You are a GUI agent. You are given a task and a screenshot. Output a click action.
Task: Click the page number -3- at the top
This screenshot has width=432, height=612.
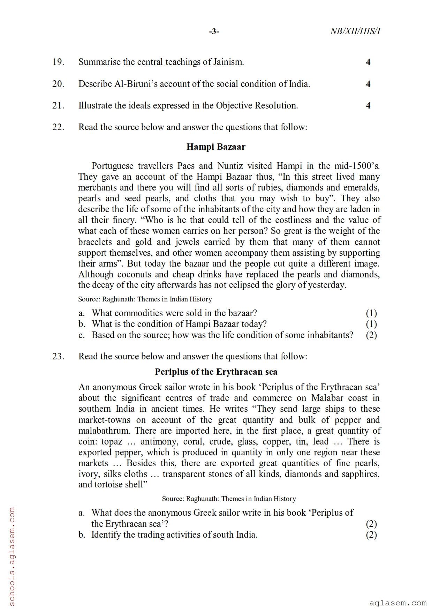(214, 32)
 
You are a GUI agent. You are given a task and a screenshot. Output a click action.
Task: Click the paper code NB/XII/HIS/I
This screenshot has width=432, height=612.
(355, 31)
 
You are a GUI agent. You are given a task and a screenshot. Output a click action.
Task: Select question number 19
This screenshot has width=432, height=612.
(58, 62)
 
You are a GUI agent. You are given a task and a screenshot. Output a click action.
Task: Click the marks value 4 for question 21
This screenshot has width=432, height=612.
(368, 106)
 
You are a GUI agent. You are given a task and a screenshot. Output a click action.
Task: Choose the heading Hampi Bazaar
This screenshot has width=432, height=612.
(216, 147)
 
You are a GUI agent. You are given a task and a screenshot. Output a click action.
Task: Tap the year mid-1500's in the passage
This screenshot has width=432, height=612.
(357, 166)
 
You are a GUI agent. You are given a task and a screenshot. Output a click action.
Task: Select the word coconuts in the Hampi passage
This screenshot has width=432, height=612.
(132, 275)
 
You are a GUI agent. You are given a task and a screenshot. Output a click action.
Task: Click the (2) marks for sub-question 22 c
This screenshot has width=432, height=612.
(371, 335)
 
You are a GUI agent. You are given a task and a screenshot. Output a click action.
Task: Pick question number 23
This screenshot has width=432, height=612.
(58, 357)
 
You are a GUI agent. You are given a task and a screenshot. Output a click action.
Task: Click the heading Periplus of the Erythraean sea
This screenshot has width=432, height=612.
(216, 372)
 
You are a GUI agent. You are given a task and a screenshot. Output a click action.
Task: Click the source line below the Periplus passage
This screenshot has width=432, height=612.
(229, 499)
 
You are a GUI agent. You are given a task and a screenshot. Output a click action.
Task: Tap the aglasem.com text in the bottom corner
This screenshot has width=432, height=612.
(398, 603)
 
